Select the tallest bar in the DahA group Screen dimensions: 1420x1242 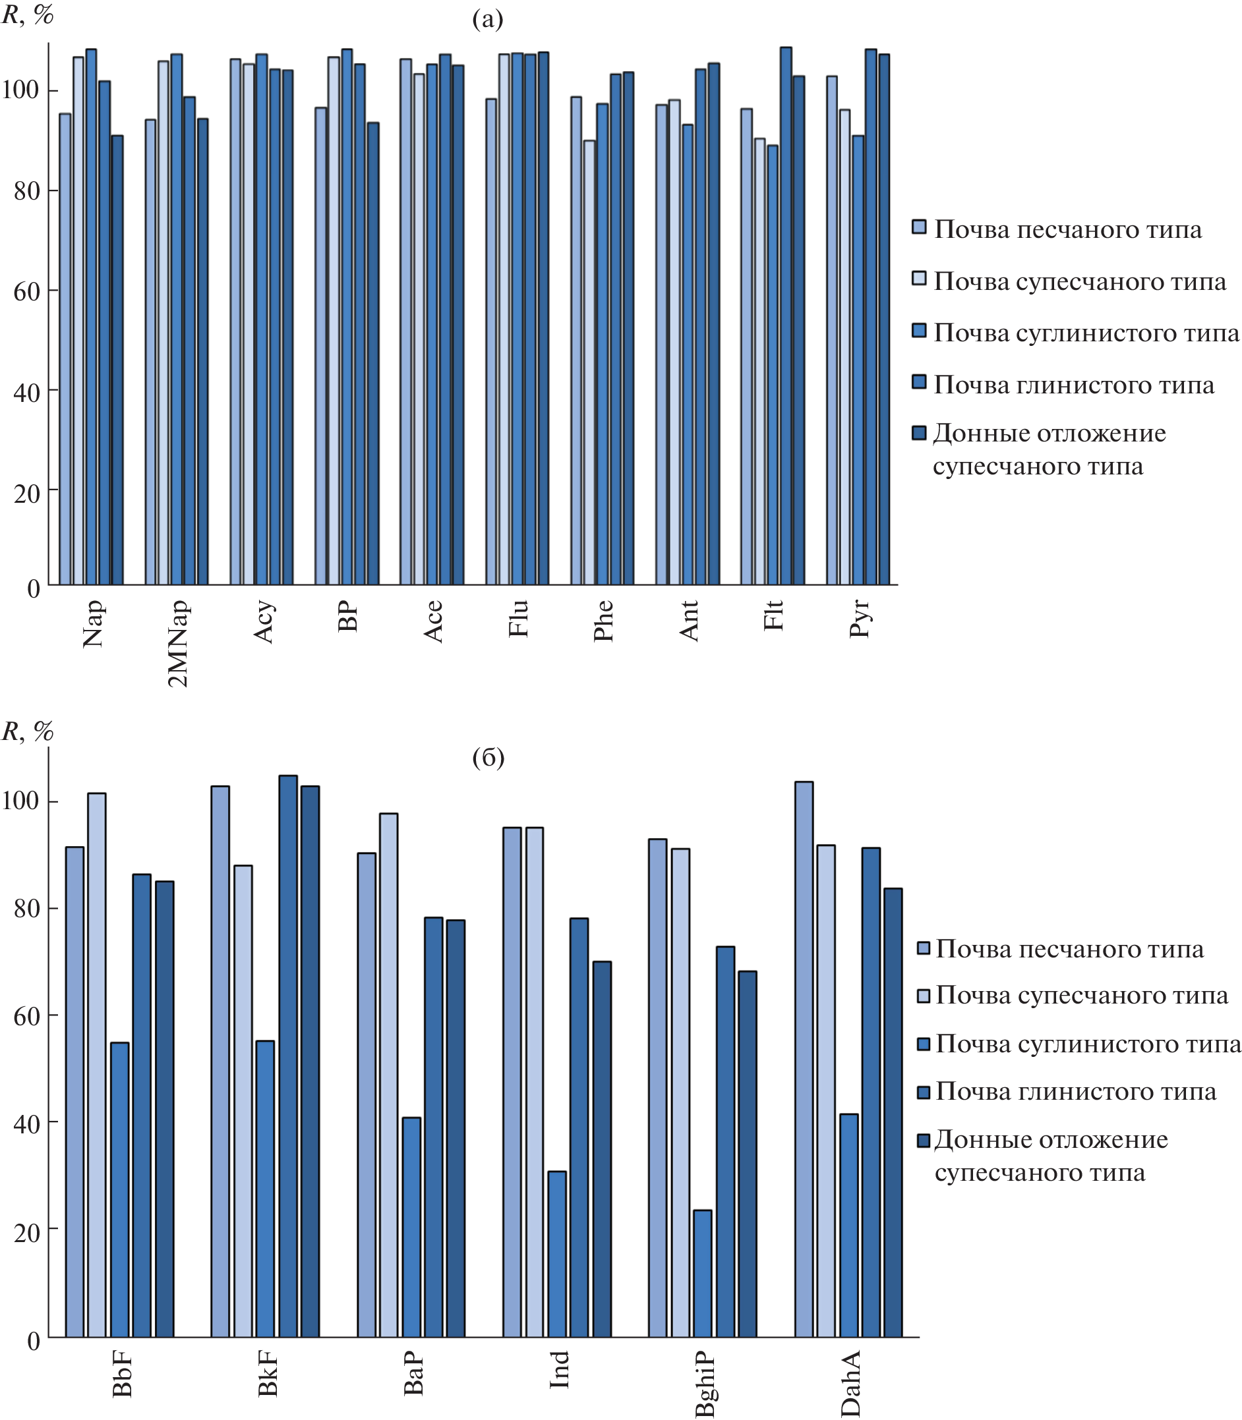[x=804, y=1059]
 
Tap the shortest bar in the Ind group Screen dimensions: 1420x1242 [x=556, y=1254]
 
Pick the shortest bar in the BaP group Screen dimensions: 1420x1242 [x=411, y=1227]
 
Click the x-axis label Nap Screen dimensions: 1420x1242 [x=93, y=623]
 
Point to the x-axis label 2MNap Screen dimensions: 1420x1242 [x=178, y=643]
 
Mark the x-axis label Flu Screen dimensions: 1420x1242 [x=518, y=619]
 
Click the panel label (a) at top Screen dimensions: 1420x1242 [x=487, y=19]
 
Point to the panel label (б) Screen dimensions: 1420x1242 [x=488, y=758]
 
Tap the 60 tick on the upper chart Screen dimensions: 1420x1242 [x=26, y=292]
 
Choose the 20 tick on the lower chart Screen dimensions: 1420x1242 [x=26, y=1233]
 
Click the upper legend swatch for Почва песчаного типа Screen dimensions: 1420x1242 [x=919, y=227]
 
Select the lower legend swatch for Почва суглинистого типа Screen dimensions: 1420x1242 [x=923, y=1044]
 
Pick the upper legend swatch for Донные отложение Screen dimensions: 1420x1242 [x=919, y=433]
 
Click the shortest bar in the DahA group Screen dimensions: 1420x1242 [x=848, y=1226]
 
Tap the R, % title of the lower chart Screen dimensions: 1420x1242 [x=28, y=731]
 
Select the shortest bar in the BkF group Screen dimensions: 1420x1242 [x=265, y=1189]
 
